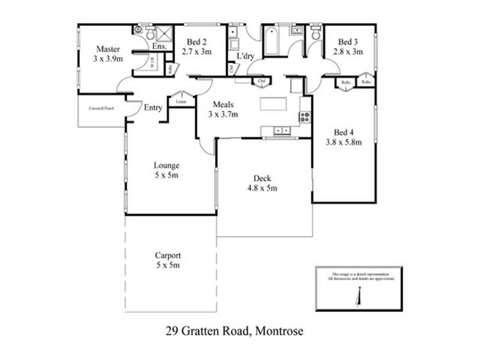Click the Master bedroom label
pos(109,49)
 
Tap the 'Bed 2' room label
pos(197,41)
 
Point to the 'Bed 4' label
pos(343,133)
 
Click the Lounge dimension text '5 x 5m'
pos(166,176)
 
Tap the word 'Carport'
pos(167,254)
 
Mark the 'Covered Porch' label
pos(101,109)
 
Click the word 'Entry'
pos(153,108)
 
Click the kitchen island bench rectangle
pos(274,103)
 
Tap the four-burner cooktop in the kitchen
pos(305,117)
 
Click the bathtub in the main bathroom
pos(271,41)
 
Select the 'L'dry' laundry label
pos(246,56)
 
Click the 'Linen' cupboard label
pos(181,102)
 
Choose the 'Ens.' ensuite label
pos(160,46)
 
